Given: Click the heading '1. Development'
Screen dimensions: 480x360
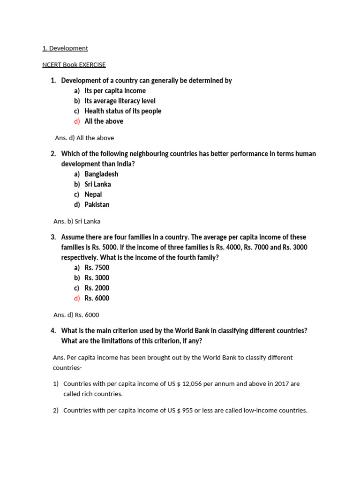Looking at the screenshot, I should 65,48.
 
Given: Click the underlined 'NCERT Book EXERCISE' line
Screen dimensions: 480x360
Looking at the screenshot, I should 74,65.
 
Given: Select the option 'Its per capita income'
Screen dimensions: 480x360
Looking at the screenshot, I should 115,90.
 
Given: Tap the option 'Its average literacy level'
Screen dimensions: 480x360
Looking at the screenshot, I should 120,101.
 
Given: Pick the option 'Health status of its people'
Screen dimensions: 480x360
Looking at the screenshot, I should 123,111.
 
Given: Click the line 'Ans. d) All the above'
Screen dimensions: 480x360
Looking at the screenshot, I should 84,138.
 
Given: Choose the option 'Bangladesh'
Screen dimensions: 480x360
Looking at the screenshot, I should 101,174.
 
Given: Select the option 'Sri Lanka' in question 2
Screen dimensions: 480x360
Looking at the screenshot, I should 97,184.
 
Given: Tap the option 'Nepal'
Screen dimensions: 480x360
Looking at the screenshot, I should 93,195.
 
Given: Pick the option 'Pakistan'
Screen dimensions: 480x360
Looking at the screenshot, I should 97,204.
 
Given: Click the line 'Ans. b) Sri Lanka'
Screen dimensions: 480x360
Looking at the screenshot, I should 77,221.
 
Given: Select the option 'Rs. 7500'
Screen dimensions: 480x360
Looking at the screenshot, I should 97,268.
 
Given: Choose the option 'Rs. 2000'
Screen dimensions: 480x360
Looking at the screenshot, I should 97,288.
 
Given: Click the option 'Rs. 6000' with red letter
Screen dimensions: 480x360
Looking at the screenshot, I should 97,298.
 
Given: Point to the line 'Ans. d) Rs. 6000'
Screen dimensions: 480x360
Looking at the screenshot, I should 76,315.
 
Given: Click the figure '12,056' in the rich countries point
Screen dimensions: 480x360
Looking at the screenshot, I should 192,383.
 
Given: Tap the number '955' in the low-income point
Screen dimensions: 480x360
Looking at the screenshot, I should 187,411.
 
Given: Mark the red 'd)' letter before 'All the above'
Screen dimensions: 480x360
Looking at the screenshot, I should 77,121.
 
